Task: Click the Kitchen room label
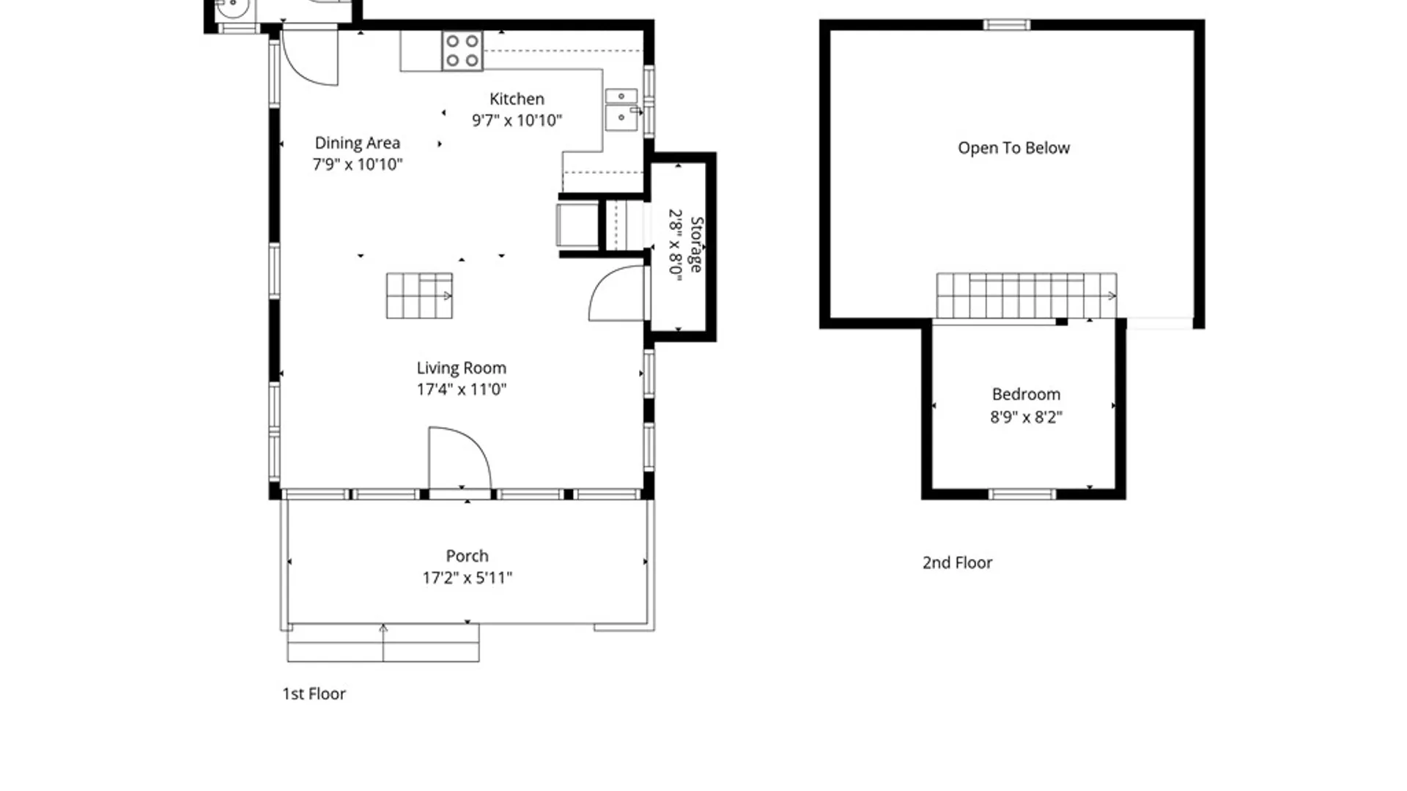pos(517,99)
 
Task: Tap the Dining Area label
pos(358,143)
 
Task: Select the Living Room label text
pos(462,368)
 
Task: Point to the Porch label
pos(467,556)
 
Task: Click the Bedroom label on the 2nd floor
pos(1026,394)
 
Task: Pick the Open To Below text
pos(1013,148)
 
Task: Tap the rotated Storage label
pos(697,245)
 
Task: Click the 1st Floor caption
pos(314,694)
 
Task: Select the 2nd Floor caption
pos(957,562)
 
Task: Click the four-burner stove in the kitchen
pos(462,51)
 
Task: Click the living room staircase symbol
pos(419,296)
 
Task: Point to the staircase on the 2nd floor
pos(1027,295)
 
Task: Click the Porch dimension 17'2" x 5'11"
pos(467,578)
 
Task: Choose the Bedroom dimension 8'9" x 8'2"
pos(1026,417)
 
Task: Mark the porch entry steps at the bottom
pos(383,643)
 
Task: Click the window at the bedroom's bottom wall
pos(1022,494)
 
